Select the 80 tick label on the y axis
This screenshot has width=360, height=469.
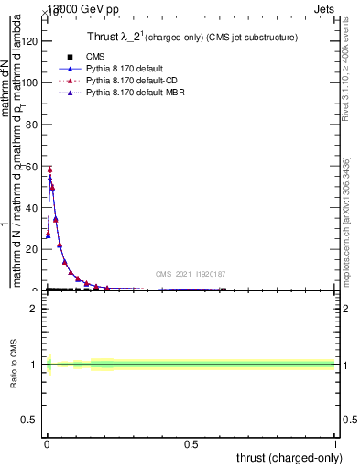(32, 124)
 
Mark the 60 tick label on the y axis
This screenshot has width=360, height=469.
(32, 166)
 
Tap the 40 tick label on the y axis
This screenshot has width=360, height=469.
(32, 207)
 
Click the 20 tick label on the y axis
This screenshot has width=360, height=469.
(32, 249)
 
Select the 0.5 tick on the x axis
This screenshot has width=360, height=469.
(191, 445)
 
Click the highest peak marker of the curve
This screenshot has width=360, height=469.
(50, 170)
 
